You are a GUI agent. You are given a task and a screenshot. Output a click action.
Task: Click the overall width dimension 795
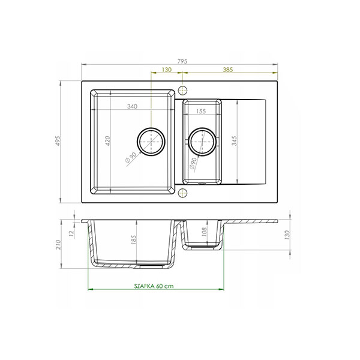point(182,61)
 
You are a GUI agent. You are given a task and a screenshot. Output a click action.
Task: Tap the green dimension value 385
point(228,70)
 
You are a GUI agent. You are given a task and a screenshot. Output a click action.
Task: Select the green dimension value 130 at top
point(166,70)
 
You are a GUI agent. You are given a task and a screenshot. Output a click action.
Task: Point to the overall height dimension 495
point(58,141)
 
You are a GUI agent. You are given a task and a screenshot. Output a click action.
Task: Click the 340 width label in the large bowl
point(132,106)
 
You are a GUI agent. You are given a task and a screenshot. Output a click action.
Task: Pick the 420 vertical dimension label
point(107,141)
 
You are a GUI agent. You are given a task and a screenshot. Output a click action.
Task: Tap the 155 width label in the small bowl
point(201,112)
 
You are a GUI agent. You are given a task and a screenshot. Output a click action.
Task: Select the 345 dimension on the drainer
point(234,141)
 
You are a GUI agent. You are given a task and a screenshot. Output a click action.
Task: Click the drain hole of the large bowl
point(151,142)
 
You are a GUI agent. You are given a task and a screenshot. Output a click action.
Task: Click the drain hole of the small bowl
point(202,142)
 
